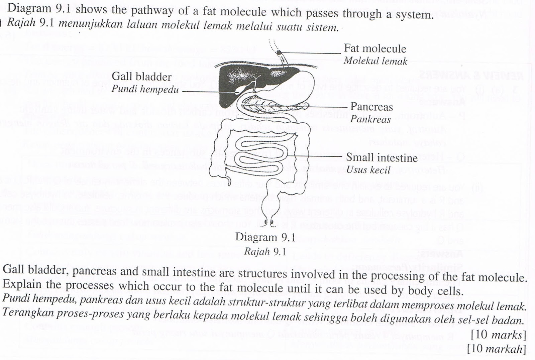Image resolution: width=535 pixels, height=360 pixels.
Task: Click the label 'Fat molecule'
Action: (375, 49)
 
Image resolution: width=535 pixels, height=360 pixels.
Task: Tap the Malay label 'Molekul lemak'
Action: (375, 61)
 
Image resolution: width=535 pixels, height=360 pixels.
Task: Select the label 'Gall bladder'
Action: (141, 77)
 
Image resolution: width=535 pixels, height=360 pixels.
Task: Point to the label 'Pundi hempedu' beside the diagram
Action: (145, 89)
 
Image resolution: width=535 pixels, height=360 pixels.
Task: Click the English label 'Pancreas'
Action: (371, 107)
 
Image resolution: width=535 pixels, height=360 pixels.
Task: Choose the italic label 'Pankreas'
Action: (370, 119)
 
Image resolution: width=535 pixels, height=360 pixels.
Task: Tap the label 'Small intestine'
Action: (382, 157)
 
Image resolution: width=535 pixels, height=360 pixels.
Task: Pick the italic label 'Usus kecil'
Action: (368, 170)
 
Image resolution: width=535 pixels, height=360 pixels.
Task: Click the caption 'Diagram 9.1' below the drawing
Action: (265, 237)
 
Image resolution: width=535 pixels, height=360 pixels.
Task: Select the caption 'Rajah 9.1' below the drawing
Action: (265, 251)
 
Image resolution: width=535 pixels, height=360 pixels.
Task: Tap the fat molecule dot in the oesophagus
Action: (279, 52)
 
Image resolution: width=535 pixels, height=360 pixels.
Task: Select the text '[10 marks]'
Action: (498, 335)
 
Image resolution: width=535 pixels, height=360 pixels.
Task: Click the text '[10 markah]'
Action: (497, 349)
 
